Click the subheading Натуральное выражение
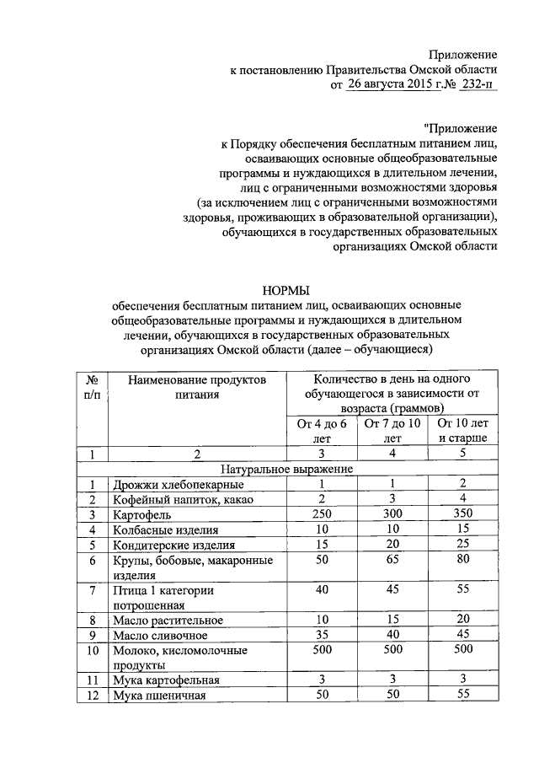tap(287, 469)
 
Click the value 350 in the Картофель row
tap(462, 514)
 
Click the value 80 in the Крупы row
tap(462, 560)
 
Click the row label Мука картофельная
tap(167, 680)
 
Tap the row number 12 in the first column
tap(92, 696)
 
